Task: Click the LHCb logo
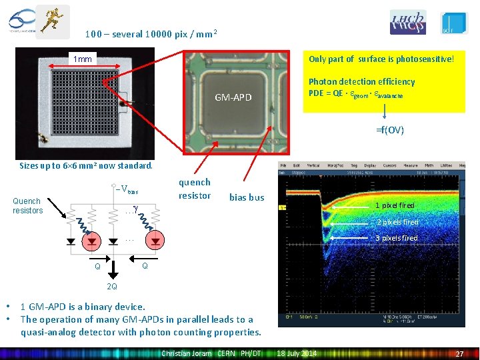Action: pos(408,22)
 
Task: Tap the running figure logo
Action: pos(52,21)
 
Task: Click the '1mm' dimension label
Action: pos(83,59)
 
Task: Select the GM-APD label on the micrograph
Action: pos(233,98)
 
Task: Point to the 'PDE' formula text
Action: pos(355,93)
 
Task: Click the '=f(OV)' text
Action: pos(391,130)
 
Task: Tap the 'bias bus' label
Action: pos(247,197)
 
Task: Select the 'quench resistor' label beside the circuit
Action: pos(194,189)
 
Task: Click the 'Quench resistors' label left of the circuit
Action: pos(27,205)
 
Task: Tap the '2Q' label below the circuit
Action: pos(112,287)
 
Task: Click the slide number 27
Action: pos(459,353)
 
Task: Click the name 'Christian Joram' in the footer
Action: pos(186,353)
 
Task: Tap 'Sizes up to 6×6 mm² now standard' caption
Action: pos(86,165)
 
